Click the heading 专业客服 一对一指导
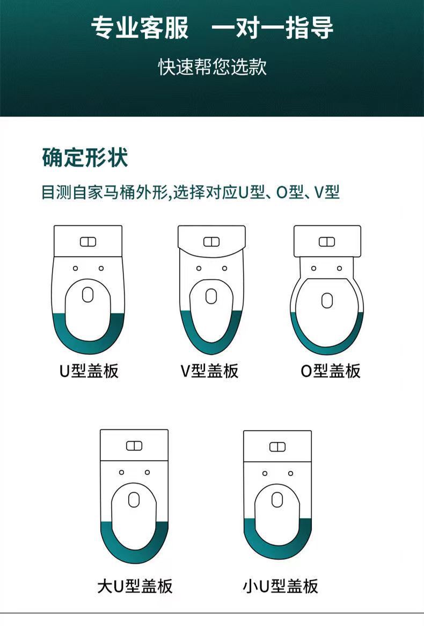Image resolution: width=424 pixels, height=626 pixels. click(212, 28)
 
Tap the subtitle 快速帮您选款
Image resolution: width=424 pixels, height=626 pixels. click(212, 67)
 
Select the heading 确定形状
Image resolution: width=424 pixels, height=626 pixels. click(85, 158)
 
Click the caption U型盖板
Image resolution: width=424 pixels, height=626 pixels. click(89, 370)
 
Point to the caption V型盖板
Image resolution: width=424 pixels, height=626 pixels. click(209, 370)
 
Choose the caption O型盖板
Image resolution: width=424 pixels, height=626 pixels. click(331, 370)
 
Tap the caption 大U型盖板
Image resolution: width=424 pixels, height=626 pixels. click(135, 586)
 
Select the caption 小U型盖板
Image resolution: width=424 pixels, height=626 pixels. click(280, 586)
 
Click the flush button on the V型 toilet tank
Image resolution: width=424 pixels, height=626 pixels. click(211, 242)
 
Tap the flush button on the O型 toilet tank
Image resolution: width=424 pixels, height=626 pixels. click(327, 242)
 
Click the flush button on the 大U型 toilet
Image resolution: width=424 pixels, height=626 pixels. click(134, 446)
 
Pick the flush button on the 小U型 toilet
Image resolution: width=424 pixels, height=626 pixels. click(277, 447)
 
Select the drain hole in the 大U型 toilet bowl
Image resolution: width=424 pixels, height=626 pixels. click(134, 500)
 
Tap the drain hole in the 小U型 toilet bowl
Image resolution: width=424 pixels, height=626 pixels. click(277, 500)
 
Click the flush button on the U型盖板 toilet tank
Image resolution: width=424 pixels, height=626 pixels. click(88, 242)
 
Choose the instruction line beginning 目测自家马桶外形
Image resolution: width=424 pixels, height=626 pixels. click(191, 192)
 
